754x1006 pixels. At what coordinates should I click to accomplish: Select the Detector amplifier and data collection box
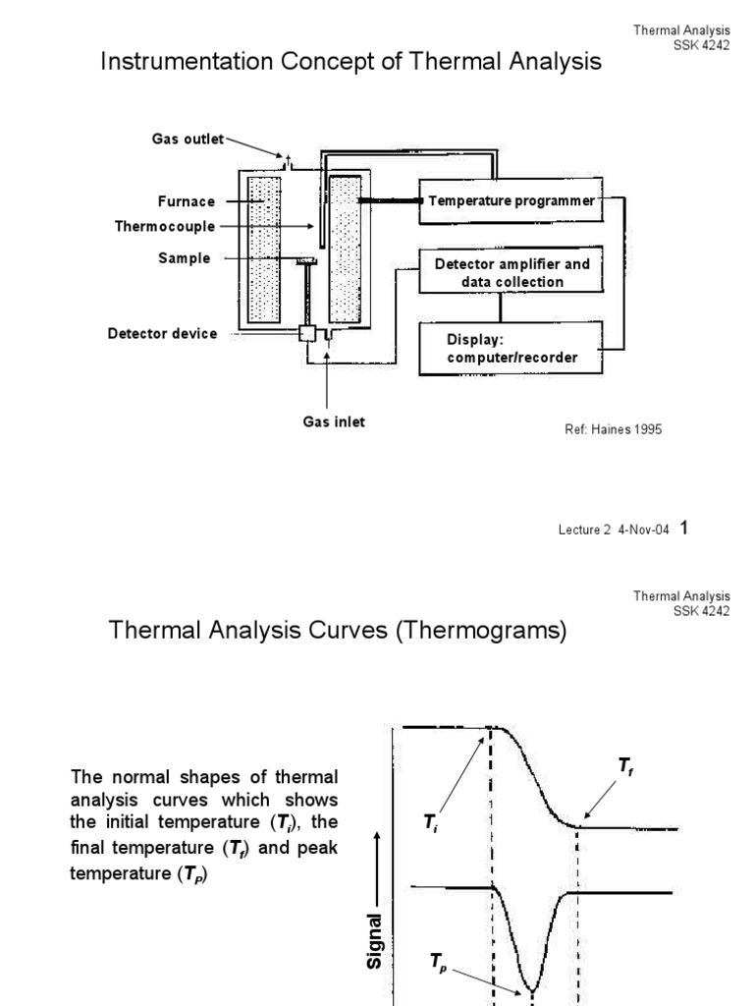[506, 273]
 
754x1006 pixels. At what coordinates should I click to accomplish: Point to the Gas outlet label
[188, 140]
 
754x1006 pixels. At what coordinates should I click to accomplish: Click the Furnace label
[186, 201]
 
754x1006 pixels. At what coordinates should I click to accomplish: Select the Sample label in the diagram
[185, 258]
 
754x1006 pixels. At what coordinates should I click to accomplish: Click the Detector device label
[162, 333]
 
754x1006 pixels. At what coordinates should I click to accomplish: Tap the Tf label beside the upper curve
[625, 765]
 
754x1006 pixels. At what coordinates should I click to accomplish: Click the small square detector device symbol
[306, 335]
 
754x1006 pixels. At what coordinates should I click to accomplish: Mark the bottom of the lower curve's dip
[531, 987]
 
